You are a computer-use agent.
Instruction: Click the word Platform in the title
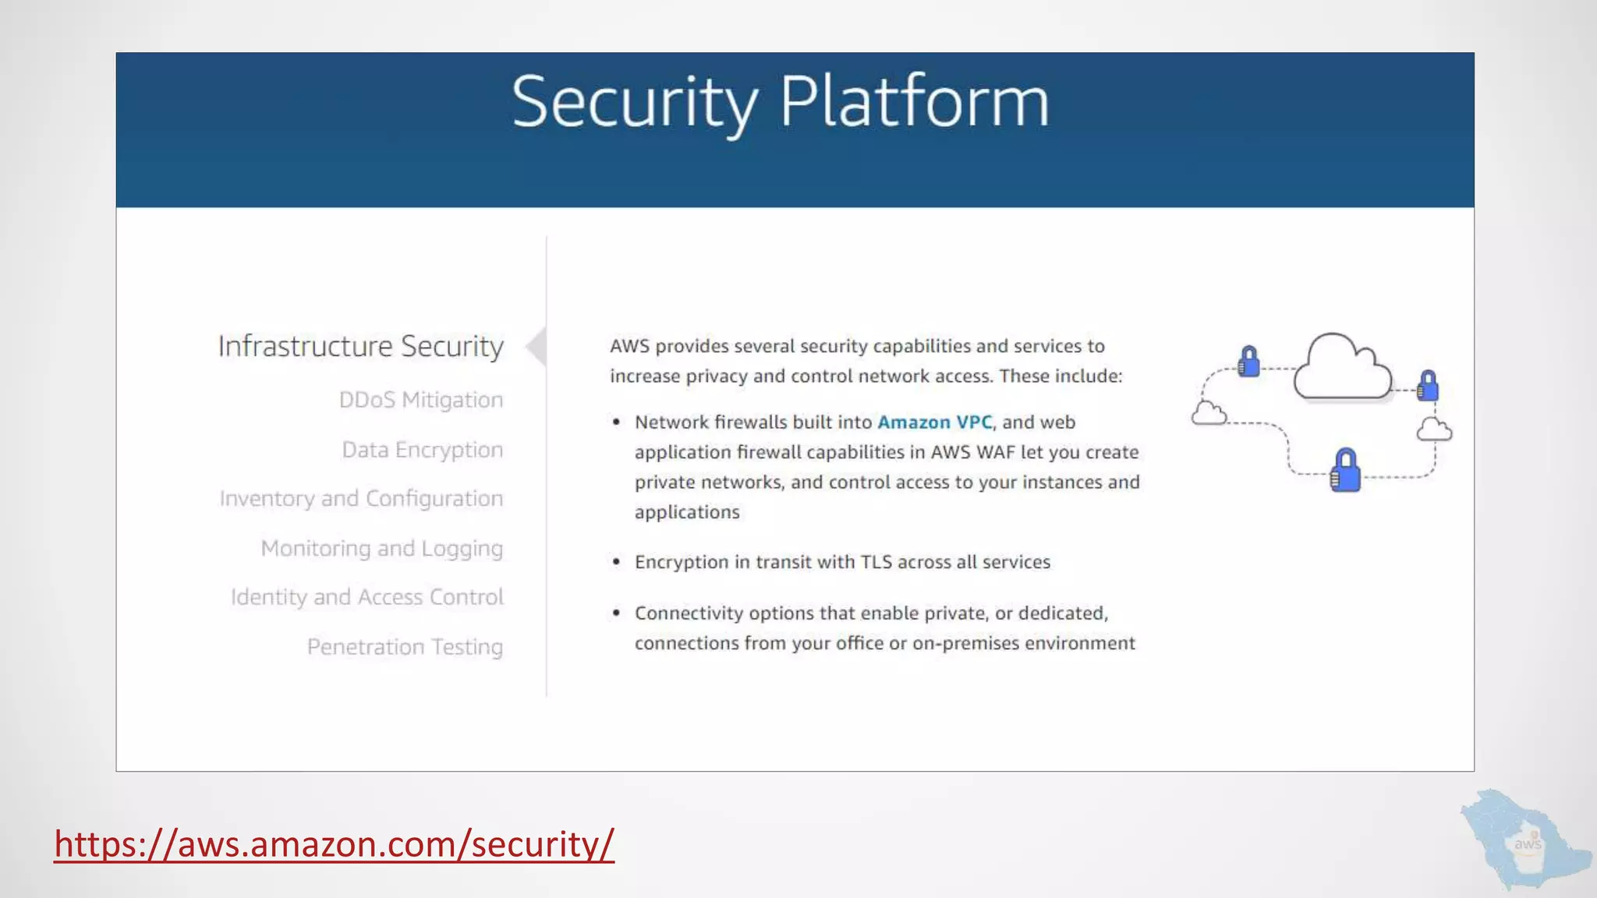click(914, 102)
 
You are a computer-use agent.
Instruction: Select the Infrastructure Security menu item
click(360, 346)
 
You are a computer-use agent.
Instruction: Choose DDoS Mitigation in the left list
click(420, 400)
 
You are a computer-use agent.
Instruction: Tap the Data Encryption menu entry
click(422, 450)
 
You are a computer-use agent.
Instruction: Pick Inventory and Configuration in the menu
click(361, 499)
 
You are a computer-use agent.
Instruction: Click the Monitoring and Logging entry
click(381, 549)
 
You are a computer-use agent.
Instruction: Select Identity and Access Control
click(366, 597)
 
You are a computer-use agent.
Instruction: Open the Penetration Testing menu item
click(405, 647)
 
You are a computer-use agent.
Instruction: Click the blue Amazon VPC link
click(934, 422)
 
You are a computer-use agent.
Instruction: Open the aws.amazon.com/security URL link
click(334, 844)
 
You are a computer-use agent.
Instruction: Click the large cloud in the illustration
click(1341, 368)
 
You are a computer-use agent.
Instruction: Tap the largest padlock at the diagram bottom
click(1345, 470)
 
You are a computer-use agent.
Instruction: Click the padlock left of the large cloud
click(1248, 362)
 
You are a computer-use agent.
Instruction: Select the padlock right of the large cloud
click(1428, 386)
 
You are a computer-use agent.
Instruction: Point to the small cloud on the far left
click(1209, 413)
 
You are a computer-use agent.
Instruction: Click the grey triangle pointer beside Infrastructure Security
click(536, 347)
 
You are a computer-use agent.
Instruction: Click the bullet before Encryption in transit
click(616, 562)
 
